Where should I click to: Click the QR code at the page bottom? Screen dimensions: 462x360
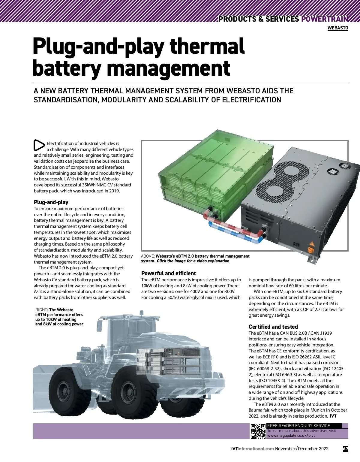click(258, 431)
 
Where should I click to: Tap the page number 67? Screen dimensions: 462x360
click(345, 449)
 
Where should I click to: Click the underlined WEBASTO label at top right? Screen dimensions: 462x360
click(338, 28)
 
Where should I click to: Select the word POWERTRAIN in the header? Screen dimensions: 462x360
click(325, 19)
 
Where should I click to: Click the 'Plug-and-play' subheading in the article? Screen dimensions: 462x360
click(51, 202)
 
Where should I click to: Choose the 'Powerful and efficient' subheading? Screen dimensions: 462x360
click(168, 273)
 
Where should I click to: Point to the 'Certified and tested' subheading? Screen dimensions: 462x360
click(273, 327)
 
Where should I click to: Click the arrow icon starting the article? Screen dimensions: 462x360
click(39, 145)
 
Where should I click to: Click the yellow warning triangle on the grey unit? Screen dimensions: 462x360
click(311, 243)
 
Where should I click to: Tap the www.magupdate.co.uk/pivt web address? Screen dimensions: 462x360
click(291, 435)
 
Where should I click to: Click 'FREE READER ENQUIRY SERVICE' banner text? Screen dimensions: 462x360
click(298, 426)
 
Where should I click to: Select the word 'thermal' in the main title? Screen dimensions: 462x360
click(207, 47)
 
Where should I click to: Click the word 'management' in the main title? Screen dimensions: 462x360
click(168, 68)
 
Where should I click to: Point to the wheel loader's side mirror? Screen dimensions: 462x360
click(99, 325)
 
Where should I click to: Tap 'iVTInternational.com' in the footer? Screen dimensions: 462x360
click(253, 449)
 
